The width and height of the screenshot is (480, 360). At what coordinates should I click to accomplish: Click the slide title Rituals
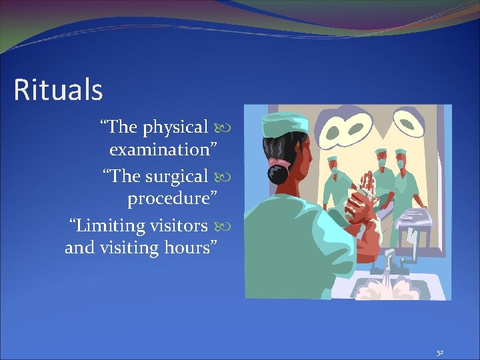point(58,89)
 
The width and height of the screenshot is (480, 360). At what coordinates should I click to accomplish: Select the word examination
point(159,149)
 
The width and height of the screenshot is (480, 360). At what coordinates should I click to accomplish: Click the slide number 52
point(439,351)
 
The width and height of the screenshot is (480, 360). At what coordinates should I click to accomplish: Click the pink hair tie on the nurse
point(281,162)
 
